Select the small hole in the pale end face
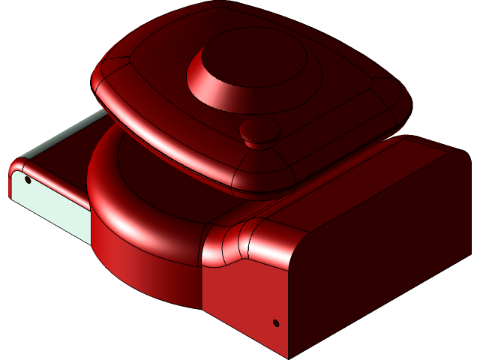tap(28, 180)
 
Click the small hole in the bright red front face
tap(275, 322)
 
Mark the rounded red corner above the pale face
tap(21, 166)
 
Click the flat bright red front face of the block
tap(240, 300)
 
